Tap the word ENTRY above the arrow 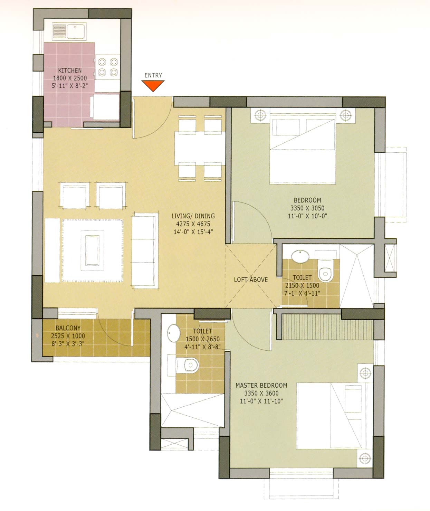coord(153,75)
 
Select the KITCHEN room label coord(70,70)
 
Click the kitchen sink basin coord(76,31)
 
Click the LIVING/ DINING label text coord(193,216)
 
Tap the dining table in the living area coord(200,148)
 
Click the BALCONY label coord(68,328)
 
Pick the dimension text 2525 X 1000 coord(68,336)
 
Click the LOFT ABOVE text coord(251,280)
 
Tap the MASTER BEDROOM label coord(261,386)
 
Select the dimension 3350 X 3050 coord(307,208)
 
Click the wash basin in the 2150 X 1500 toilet coord(300,257)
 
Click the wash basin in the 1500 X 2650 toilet coord(174,333)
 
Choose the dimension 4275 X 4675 coord(193,224)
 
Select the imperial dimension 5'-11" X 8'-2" coord(70,86)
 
